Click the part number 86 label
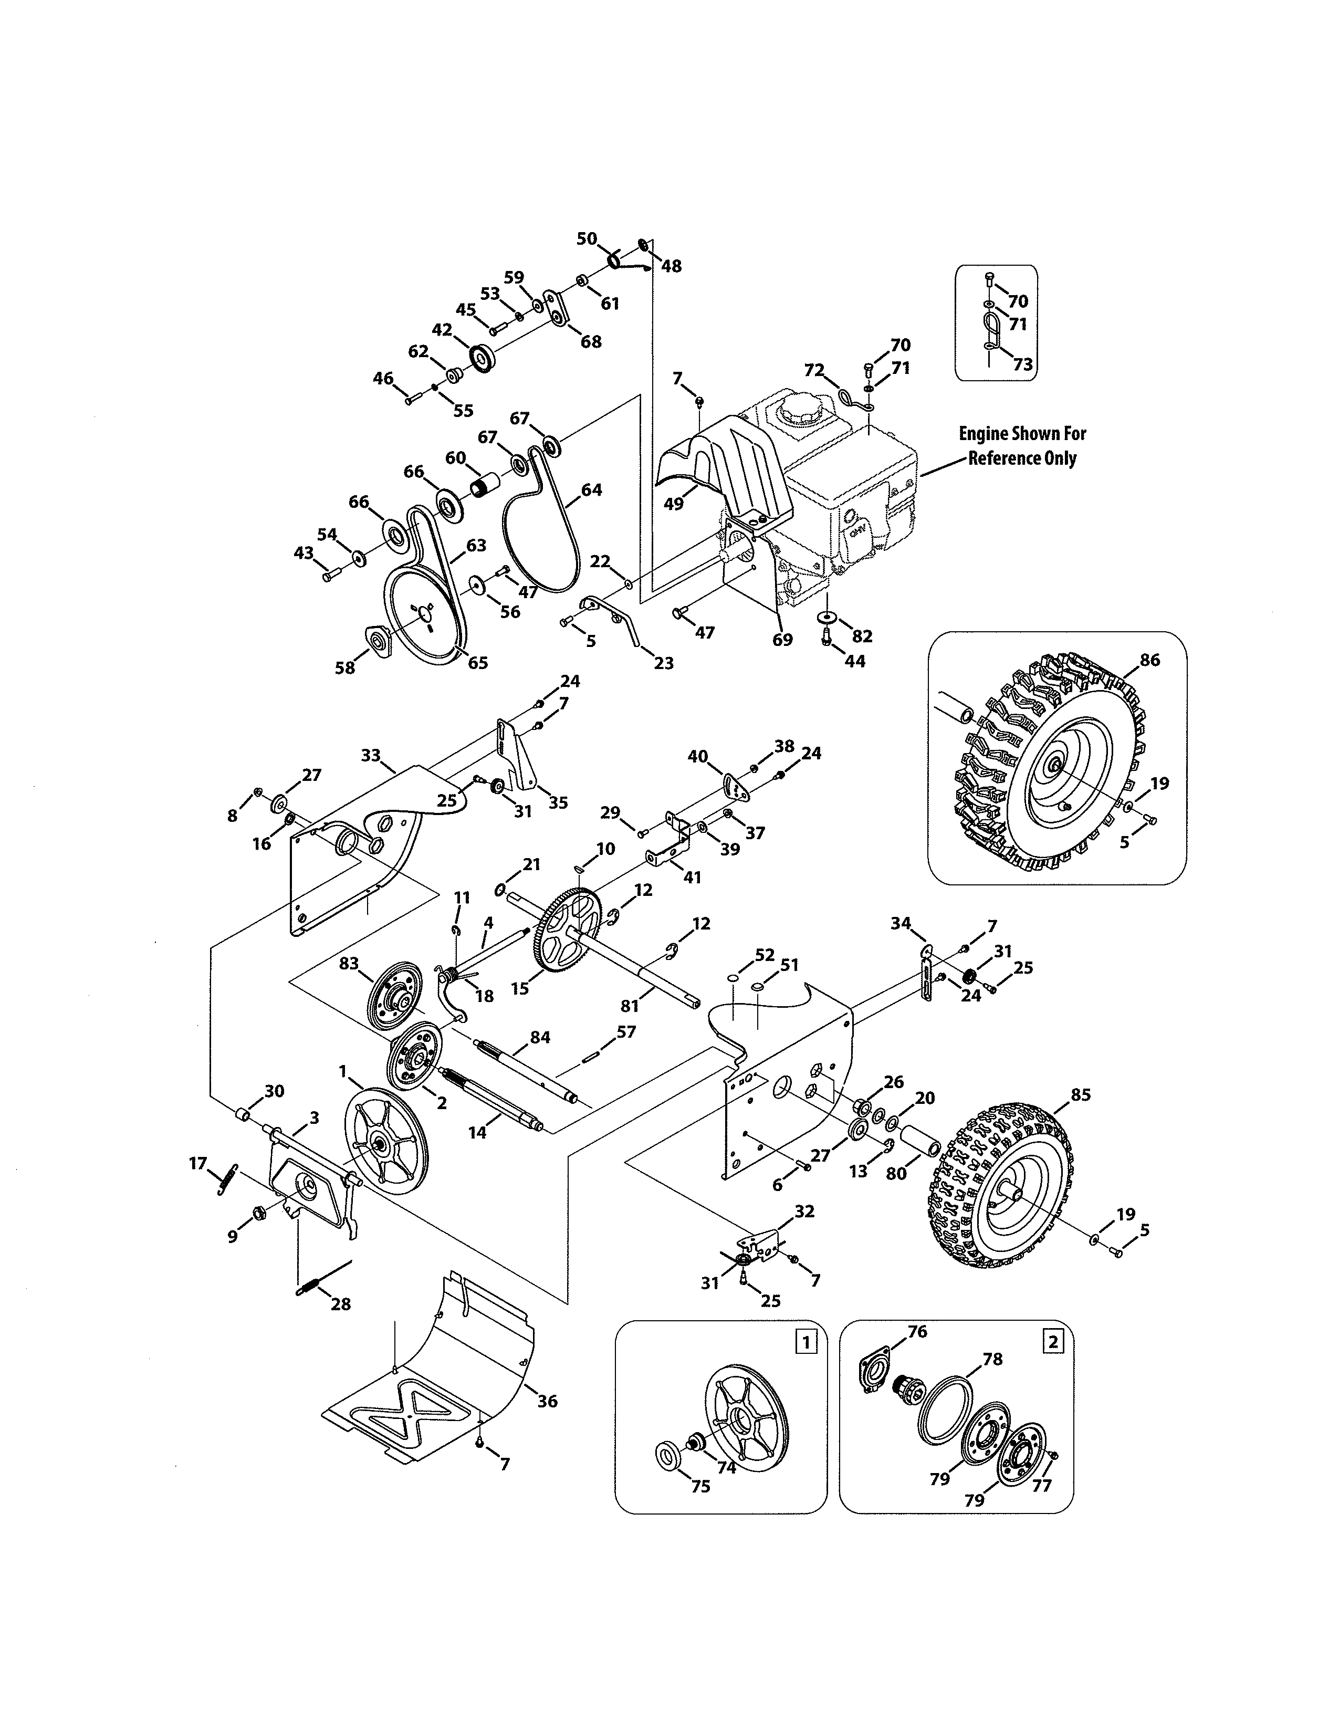point(1149,660)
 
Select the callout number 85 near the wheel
point(1081,1094)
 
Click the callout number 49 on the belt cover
point(674,503)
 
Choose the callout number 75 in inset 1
point(700,1486)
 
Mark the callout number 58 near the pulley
point(345,667)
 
